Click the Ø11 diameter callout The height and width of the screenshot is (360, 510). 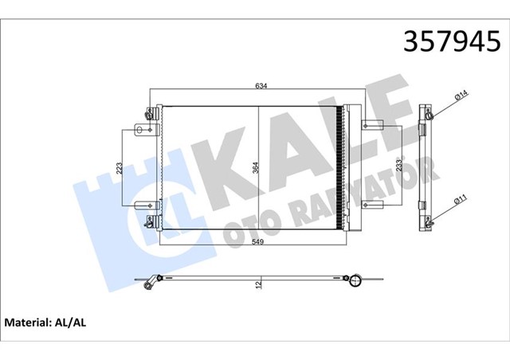[460, 198]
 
